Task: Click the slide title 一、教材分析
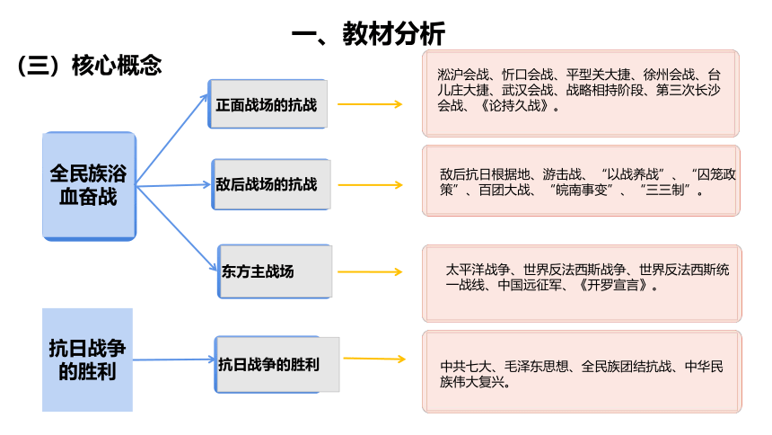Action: pyautogui.click(x=368, y=33)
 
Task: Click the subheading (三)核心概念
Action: pyautogui.click(x=89, y=65)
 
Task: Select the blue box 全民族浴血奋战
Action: pyautogui.click(x=89, y=186)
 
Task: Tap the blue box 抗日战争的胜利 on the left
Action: pyautogui.click(x=87, y=360)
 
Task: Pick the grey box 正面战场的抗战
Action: pyautogui.click(x=268, y=104)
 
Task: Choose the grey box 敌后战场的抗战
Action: pyautogui.click(x=271, y=184)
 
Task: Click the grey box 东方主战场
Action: pyautogui.click(x=275, y=271)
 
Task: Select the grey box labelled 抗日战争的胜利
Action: pyautogui.click(x=276, y=365)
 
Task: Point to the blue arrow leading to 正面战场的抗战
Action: pyautogui.click(x=171, y=139)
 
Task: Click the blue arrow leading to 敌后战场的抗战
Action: pyautogui.click(x=173, y=185)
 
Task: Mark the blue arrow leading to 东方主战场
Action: pyautogui.click(x=176, y=228)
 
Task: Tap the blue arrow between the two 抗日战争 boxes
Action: pyautogui.click(x=174, y=360)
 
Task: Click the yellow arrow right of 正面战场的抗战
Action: pyautogui.click(x=370, y=104)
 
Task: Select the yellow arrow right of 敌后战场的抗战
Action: pyautogui.click(x=370, y=185)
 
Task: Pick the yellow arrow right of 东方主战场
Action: pyautogui.click(x=370, y=271)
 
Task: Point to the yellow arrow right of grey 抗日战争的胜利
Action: pyautogui.click(x=374, y=359)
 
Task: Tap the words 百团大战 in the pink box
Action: pyautogui.click(x=504, y=190)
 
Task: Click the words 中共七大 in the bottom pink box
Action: pyautogui.click(x=465, y=367)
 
